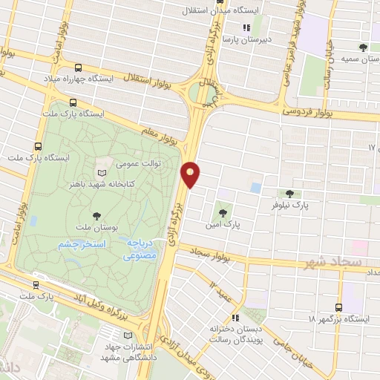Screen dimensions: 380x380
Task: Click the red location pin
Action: tap(191, 174)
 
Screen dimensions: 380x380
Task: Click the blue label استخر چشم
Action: tap(83, 244)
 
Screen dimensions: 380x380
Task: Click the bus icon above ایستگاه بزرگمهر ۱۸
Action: tap(339, 307)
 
